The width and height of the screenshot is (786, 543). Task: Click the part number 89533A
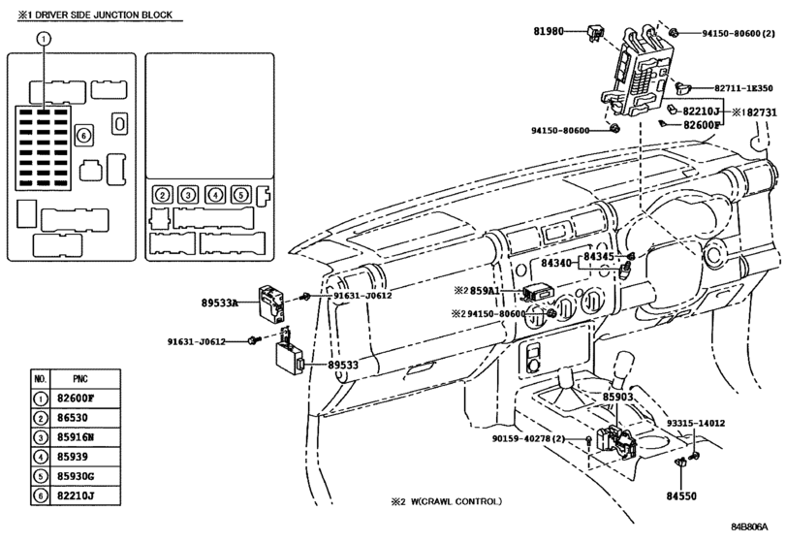pyautogui.click(x=228, y=304)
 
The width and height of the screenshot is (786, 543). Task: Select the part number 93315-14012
pyautogui.click(x=695, y=424)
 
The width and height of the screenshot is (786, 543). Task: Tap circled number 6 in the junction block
pyautogui.click(x=84, y=135)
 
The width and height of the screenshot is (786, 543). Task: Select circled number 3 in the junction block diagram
pyautogui.click(x=189, y=194)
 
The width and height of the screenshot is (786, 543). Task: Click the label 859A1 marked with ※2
pyautogui.click(x=490, y=291)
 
